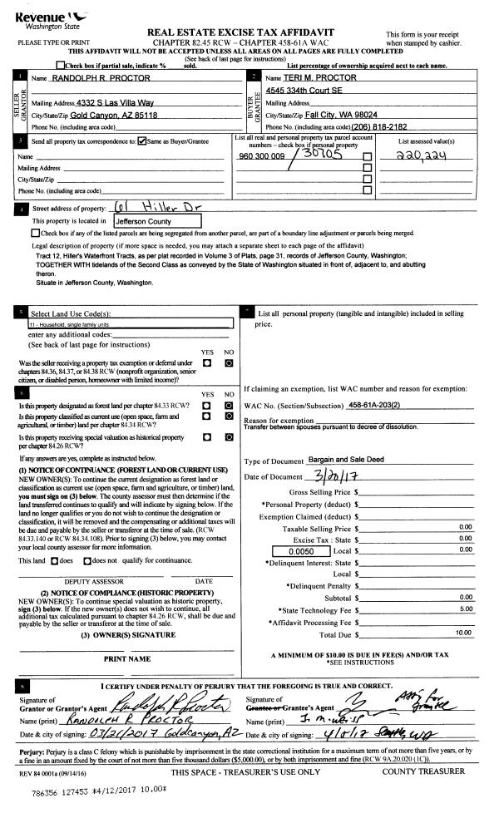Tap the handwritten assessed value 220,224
[x=434, y=156]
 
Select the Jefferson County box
[x=144, y=221]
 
